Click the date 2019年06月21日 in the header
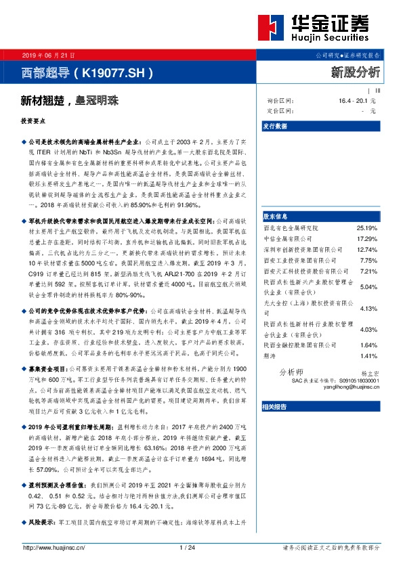click(43, 54)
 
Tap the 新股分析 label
click(355, 70)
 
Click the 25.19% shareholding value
click(366, 228)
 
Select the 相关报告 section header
click(274, 406)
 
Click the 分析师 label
click(292, 372)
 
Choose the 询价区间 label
click(279, 100)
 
